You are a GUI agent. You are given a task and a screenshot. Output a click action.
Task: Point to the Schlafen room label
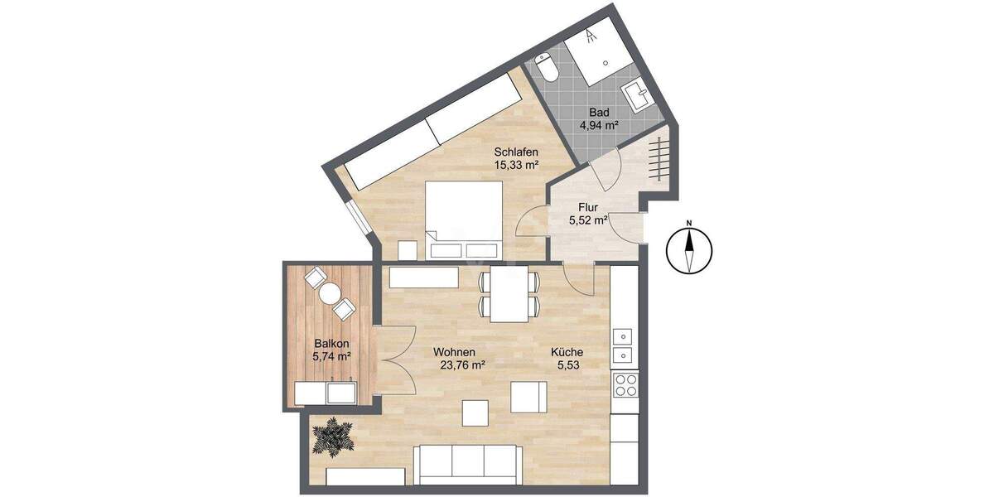tap(517, 152)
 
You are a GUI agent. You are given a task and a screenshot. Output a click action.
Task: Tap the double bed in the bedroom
tap(464, 220)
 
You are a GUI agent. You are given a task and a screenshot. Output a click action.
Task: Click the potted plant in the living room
tap(333, 436)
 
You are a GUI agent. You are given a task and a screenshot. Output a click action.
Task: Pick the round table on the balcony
tap(330, 293)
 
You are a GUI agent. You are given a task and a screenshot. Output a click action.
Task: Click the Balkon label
tap(331, 343)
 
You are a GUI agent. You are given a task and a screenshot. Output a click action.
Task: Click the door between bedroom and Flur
tap(527, 225)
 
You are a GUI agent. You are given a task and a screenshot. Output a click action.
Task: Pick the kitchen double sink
tap(623, 346)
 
